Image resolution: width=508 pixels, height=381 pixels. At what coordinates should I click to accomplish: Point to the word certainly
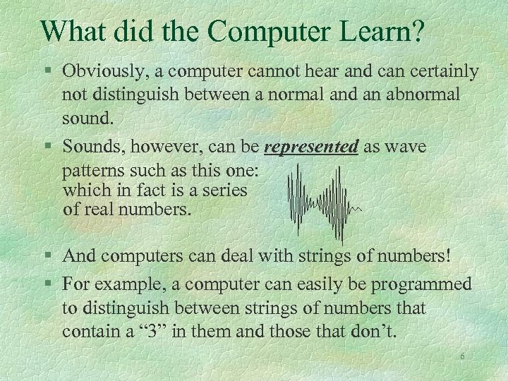[x=441, y=71]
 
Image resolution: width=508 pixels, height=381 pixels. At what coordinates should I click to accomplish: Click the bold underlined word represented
[x=312, y=147]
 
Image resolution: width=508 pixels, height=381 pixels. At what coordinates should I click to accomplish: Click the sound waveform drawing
[x=322, y=202]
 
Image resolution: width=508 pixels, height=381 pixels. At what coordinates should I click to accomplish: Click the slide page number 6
[x=462, y=357]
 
